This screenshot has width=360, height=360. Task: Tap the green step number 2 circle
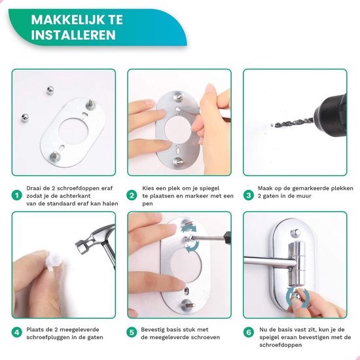point(131,195)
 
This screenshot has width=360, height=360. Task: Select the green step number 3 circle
point(248,195)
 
